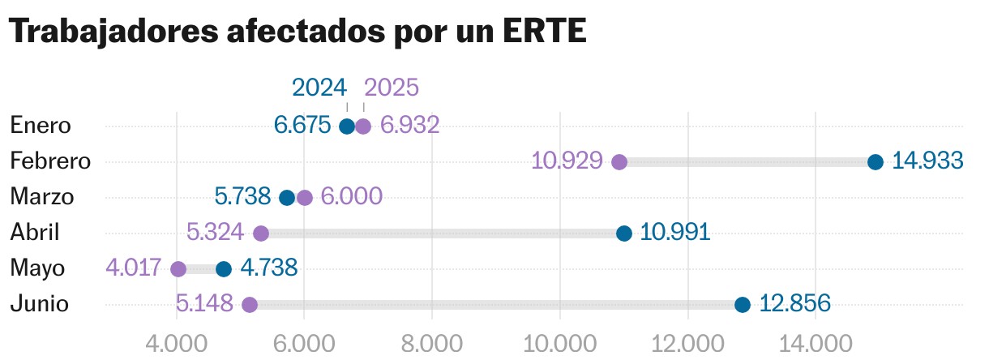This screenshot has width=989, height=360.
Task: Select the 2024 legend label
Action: coord(319,88)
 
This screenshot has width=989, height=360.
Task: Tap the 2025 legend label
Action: coord(392,88)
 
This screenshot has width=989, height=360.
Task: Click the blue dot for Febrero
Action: coord(876,161)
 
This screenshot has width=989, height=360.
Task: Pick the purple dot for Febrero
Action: coord(619,161)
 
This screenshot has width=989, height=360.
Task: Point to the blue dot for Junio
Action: coord(743,305)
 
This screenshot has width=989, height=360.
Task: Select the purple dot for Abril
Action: coord(261,234)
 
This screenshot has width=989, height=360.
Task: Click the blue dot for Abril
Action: coord(624,234)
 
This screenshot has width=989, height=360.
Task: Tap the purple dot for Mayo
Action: coord(178,269)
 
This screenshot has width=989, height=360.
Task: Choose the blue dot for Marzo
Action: coord(287,198)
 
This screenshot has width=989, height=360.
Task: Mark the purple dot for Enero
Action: coord(363,126)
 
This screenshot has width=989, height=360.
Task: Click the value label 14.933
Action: coord(927,161)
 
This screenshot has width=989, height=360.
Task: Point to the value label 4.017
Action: coord(135,268)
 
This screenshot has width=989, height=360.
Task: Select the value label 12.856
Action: coord(795,304)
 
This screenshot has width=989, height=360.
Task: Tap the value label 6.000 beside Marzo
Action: coord(351,197)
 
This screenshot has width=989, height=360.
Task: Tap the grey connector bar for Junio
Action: coord(494,305)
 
